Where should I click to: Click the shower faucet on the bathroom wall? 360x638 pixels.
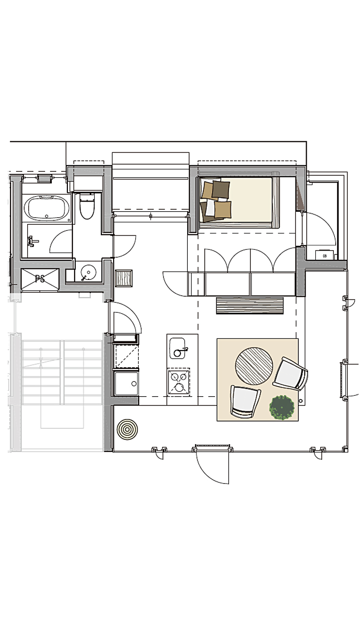[32, 240]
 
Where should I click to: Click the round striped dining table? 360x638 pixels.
[254, 366]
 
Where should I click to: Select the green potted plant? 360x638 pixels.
[282, 407]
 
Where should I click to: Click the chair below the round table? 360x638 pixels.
[246, 401]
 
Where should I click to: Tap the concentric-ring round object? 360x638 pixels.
[128, 430]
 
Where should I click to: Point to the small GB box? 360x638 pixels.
[324, 255]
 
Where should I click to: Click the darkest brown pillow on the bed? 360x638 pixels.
[221, 189]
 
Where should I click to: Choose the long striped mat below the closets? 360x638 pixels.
[250, 306]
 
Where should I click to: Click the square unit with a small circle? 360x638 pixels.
[126, 383]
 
